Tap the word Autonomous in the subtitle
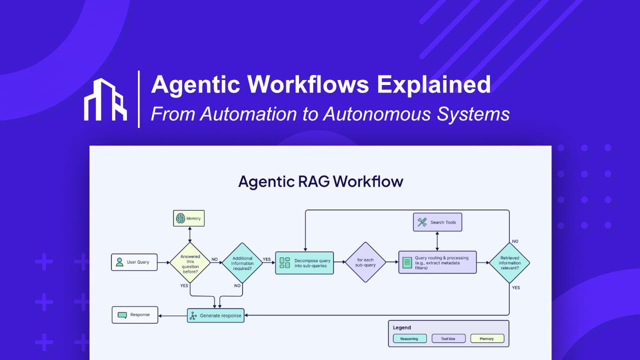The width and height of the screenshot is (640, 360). (377, 114)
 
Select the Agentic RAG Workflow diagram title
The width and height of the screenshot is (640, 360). (320, 181)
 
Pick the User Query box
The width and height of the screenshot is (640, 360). (134, 262)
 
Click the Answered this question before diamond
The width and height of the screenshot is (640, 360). (190, 262)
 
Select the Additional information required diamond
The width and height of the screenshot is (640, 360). (241, 262)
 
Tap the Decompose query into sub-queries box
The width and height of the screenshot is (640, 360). (304, 262)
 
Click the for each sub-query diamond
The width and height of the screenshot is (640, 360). (366, 262)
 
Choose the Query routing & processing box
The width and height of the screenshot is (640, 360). (437, 262)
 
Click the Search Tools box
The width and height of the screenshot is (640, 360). (437, 222)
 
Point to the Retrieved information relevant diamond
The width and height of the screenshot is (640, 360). (509, 262)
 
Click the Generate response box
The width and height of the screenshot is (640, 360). (215, 315)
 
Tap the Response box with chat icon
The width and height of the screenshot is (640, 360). (134, 315)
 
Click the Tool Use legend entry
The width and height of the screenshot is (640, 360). (448, 338)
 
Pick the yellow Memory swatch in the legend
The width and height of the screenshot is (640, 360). (487, 338)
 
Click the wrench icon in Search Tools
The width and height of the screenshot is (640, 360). (422, 222)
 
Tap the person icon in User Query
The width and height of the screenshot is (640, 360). (119, 262)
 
